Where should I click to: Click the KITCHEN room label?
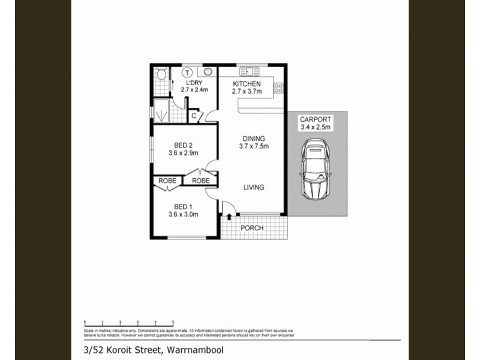click(246, 83)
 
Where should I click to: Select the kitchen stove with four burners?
click(278, 88)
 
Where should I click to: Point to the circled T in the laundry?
click(187, 71)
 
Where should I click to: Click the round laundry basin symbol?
click(207, 71)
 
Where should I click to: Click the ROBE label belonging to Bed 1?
click(167, 181)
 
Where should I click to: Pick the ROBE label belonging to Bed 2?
click(201, 181)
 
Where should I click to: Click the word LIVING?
click(254, 188)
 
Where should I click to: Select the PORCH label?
click(252, 228)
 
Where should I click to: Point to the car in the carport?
click(316, 169)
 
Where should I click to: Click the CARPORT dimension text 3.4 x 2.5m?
click(316, 127)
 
